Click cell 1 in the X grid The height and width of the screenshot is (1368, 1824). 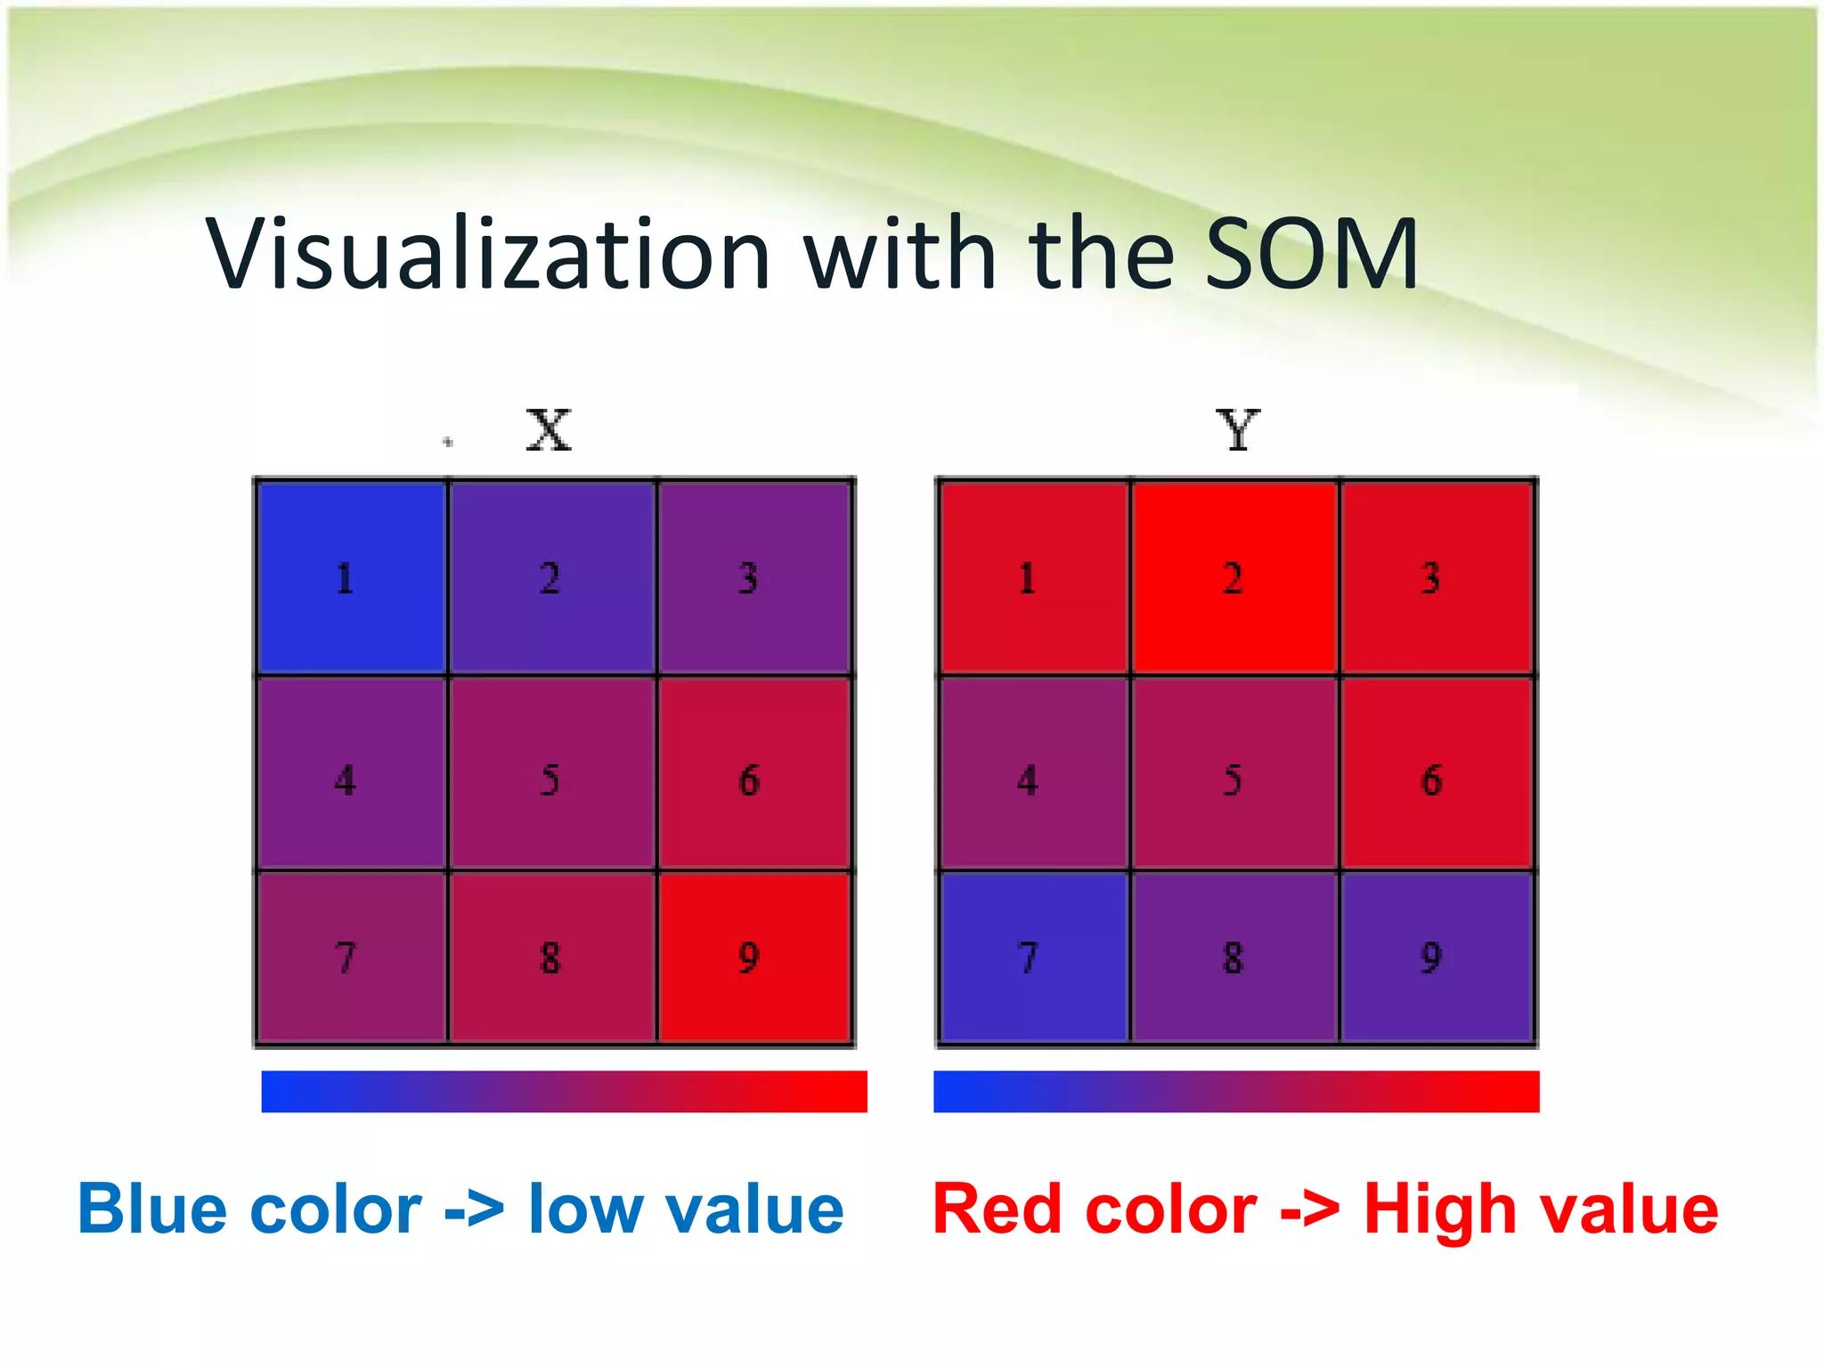pyautogui.click(x=351, y=577)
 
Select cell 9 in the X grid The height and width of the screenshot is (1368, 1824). pyautogui.click(x=754, y=957)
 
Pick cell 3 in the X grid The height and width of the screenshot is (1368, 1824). pyautogui.click(x=754, y=577)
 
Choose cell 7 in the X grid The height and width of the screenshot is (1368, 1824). pyautogui.click(x=351, y=957)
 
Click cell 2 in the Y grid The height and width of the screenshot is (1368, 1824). pyautogui.click(x=1234, y=577)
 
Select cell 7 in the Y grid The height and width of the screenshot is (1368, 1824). pyautogui.click(x=1033, y=957)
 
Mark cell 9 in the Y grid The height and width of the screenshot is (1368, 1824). pyautogui.click(x=1436, y=957)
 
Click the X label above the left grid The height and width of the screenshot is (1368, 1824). pyautogui.click(x=548, y=431)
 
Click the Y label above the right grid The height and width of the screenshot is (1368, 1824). pyautogui.click(x=1238, y=431)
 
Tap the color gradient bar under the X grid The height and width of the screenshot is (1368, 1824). pyautogui.click(x=564, y=1091)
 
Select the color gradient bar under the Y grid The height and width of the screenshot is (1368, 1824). pyautogui.click(x=1236, y=1091)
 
